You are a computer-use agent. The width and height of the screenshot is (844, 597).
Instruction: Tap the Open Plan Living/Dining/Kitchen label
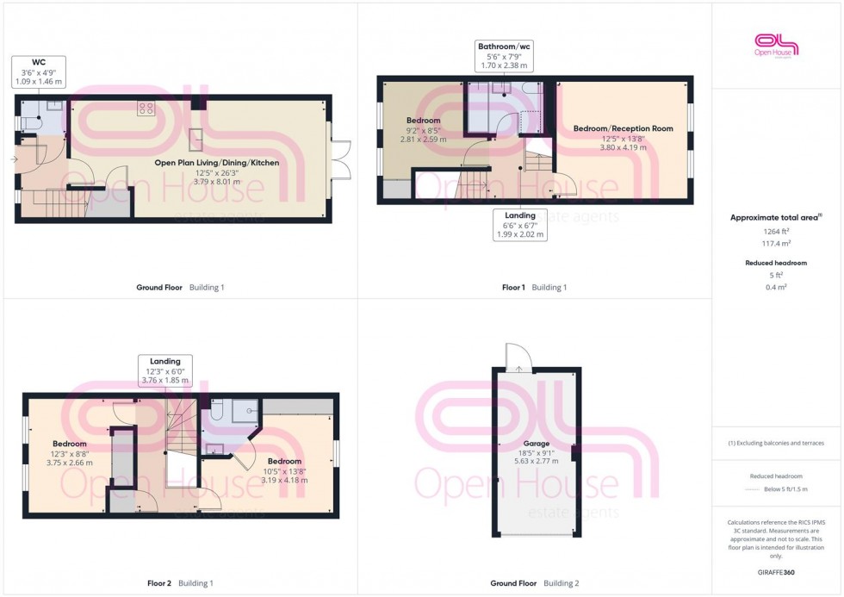click(216, 162)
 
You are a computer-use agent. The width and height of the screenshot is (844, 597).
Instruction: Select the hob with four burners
click(146, 109)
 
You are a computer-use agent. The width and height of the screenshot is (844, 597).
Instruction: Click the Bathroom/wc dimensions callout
click(503, 54)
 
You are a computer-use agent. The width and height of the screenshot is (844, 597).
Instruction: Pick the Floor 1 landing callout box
click(520, 225)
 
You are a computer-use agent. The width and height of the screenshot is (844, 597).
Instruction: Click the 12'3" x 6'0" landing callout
click(164, 371)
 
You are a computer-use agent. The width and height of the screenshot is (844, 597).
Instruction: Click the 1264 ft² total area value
click(777, 231)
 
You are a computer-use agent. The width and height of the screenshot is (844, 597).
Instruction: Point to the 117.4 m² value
click(777, 244)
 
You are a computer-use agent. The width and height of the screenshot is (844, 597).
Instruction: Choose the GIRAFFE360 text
click(777, 572)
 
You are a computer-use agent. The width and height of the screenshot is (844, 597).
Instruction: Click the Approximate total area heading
click(777, 217)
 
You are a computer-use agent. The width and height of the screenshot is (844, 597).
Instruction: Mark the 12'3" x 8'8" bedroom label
click(70, 453)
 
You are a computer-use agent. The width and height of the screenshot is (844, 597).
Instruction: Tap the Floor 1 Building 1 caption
click(534, 287)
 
